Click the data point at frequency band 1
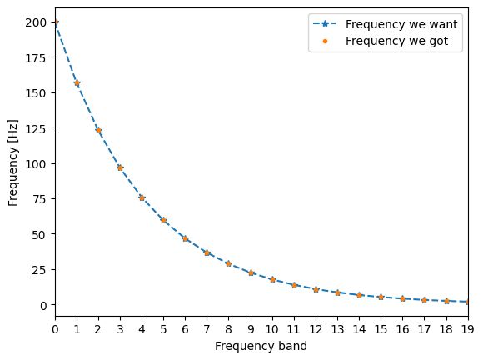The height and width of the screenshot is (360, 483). pos(77,83)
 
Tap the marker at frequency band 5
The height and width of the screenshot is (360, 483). pos(163,220)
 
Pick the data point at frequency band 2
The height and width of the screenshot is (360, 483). pos(98,131)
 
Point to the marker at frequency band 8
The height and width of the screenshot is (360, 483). pos(229,263)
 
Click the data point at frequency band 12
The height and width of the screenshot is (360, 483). pos(316,289)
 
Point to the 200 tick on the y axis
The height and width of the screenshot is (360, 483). pos(36,22)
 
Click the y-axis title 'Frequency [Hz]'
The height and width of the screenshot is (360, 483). pos(12,162)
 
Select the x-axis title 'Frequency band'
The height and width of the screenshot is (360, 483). pos(261,345)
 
